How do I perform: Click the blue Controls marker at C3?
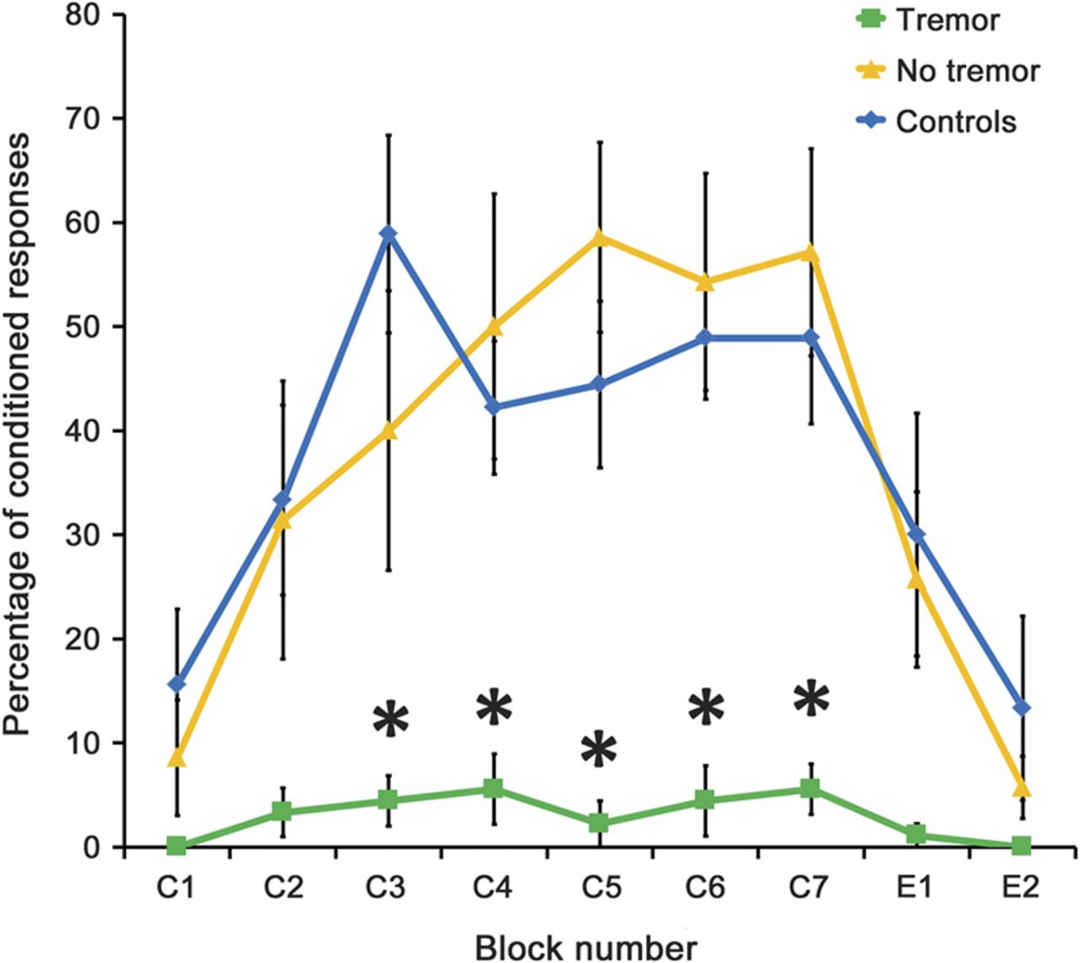pos(388,234)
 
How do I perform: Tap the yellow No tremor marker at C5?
pos(599,237)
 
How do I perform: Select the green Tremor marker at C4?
pos(494,789)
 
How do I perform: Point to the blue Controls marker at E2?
pos(1021,707)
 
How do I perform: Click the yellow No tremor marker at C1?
pos(176,759)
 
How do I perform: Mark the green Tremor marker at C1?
pos(176,845)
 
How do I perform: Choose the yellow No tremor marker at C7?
pos(811,253)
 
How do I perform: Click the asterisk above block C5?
pos(599,749)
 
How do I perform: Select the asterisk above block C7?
pos(812,698)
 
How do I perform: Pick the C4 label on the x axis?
pos(494,889)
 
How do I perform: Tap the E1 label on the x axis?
pos(915,889)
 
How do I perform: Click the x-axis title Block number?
pos(586,947)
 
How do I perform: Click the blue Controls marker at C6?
pos(705,338)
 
